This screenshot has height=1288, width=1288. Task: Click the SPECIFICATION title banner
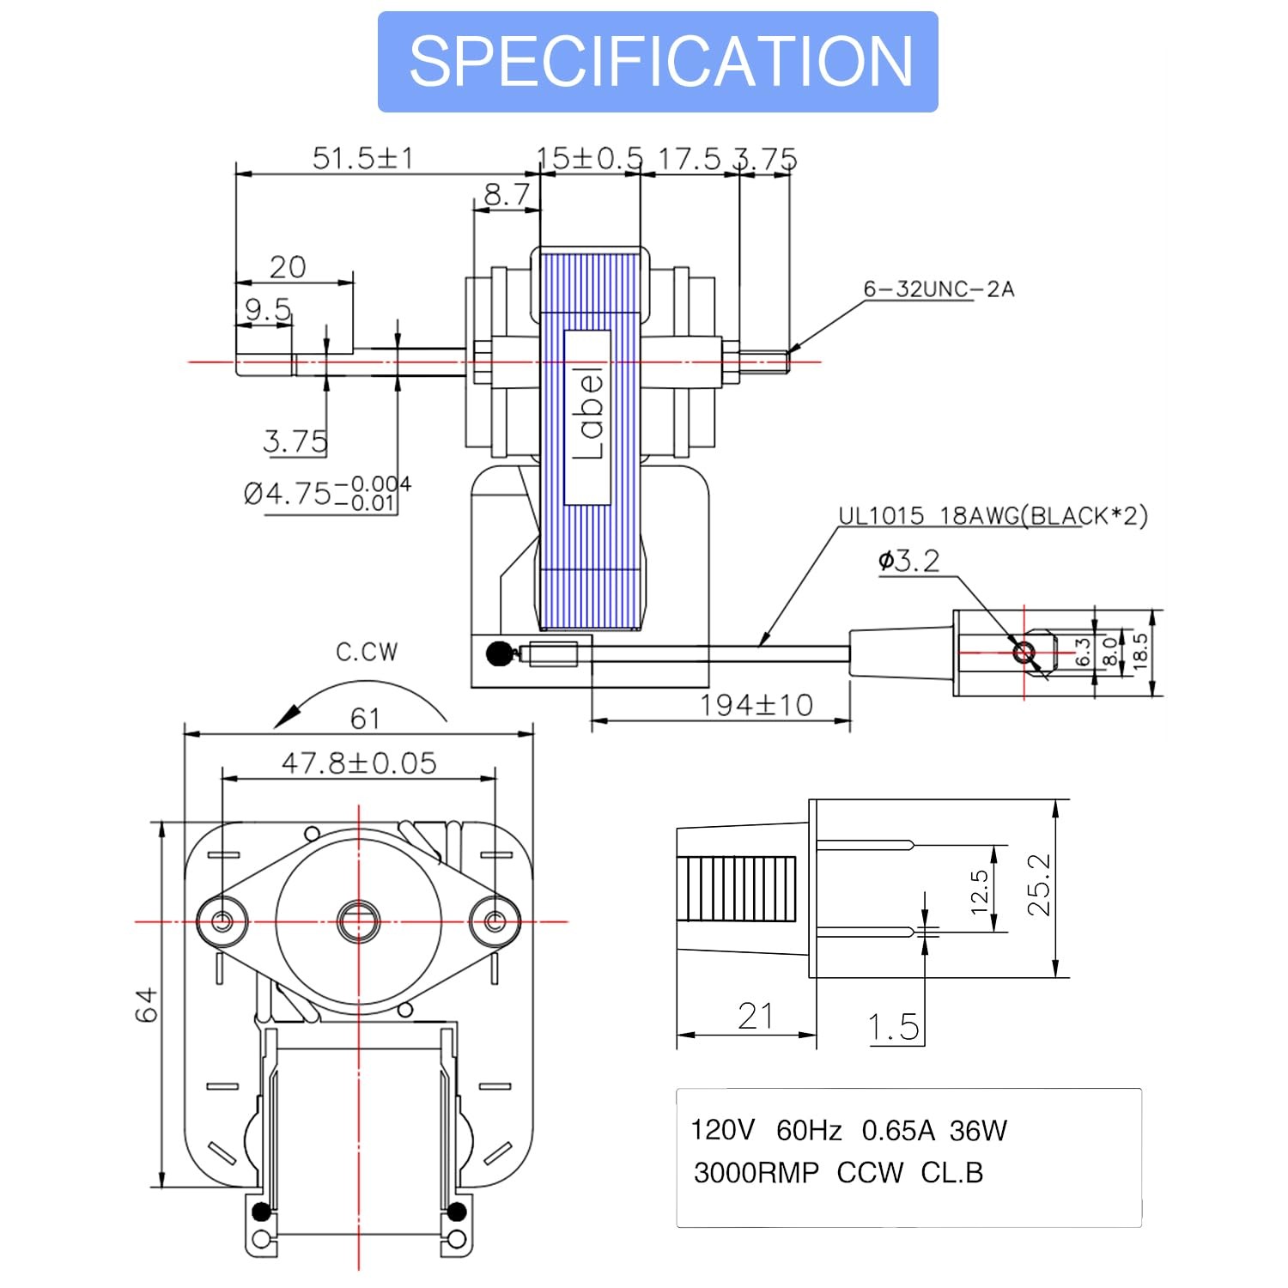click(x=658, y=62)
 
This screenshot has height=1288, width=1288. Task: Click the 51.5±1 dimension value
click(x=361, y=159)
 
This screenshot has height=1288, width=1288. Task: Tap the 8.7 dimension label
click(x=507, y=195)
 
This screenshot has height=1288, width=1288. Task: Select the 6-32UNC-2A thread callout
click(x=939, y=289)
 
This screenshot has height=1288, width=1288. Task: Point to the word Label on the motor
click(x=588, y=416)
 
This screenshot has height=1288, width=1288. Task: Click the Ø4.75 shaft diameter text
click(x=326, y=494)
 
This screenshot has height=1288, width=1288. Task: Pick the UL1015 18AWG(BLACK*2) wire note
click(x=993, y=516)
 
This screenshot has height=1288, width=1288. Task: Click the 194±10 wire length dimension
click(x=756, y=706)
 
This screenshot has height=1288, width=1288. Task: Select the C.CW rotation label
click(x=367, y=653)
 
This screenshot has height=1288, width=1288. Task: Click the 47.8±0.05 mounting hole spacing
click(x=359, y=762)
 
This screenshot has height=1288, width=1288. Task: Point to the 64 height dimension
click(x=147, y=1005)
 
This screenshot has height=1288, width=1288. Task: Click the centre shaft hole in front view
click(x=358, y=921)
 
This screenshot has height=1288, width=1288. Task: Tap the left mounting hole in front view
click(x=222, y=921)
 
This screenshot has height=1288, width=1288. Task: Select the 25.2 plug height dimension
click(x=1039, y=885)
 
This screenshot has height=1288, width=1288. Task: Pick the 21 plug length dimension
click(x=756, y=1017)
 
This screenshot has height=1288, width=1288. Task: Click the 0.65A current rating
click(x=898, y=1131)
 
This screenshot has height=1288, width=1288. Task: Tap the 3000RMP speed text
click(x=756, y=1173)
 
